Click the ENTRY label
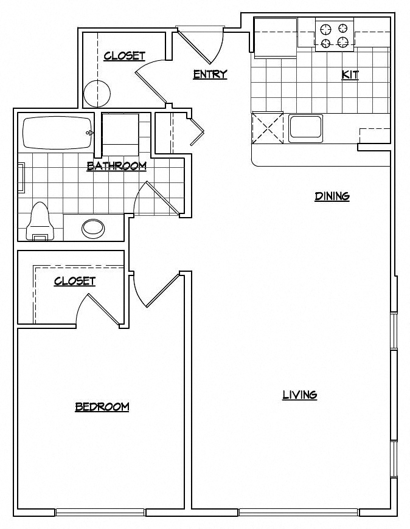click(210, 74)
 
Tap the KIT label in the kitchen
click(350, 75)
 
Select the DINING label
click(332, 196)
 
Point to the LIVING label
click(299, 395)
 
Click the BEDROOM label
click(102, 407)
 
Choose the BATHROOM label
click(116, 165)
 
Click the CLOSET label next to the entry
click(124, 56)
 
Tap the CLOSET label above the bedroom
click(74, 281)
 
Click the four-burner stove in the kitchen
click(335, 35)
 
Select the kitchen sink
click(305, 128)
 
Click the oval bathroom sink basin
click(93, 228)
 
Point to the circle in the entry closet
click(98, 93)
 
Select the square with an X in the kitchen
click(268, 127)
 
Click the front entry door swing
click(201, 46)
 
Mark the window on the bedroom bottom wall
click(100, 512)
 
